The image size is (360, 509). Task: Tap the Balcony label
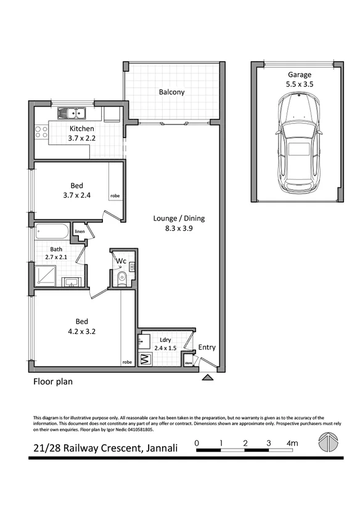(x=171, y=92)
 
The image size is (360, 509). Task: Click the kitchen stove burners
(x=41, y=131)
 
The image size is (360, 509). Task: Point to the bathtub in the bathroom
(x=52, y=232)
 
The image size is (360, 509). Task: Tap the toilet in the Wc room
(x=121, y=279)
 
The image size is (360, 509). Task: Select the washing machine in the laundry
(x=145, y=360)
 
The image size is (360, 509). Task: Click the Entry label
(x=207, y=348)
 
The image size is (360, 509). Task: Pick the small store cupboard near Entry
(x=189, y=364)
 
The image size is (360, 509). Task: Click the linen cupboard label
(x=79, y=232)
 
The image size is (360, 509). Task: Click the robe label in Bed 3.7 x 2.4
(x=115, y=196)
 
